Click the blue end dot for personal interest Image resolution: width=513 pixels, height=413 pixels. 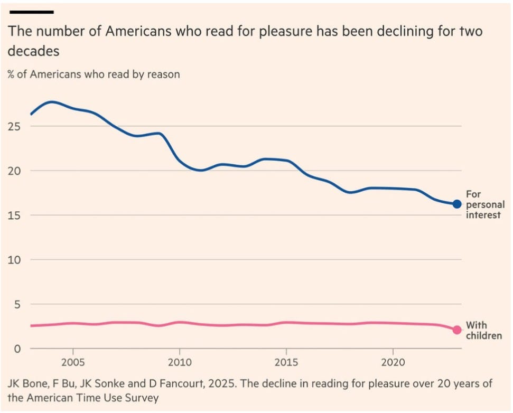coord(457,204)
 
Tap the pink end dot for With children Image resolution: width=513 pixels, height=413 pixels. coord(457,330)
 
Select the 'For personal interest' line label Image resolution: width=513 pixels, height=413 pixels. coord(485,204)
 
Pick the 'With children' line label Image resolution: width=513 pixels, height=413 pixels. coord(484,330)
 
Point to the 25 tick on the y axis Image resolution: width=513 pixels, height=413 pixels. coord(14,126)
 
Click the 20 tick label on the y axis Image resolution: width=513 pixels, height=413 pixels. coord(14,171)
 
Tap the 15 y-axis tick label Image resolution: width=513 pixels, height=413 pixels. coord(14,215)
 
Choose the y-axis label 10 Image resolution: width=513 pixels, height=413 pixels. coord(14,260)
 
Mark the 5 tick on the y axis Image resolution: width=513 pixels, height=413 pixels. coord(17,304)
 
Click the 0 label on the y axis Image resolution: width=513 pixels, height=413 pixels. coord(17,349)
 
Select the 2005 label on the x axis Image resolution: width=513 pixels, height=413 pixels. coord(73,362)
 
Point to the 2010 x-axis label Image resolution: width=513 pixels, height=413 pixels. coord(180,362)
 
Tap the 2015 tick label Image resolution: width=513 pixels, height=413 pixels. coord(286,362)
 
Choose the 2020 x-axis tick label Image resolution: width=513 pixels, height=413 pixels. coord(393,362)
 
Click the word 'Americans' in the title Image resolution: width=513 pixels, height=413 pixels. coord(138,31)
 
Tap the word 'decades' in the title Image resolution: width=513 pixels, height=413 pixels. coord(33,51)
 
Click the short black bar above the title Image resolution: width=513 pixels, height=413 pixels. coord(32,12)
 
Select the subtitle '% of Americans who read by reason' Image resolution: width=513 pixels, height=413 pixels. coord(94,74)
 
